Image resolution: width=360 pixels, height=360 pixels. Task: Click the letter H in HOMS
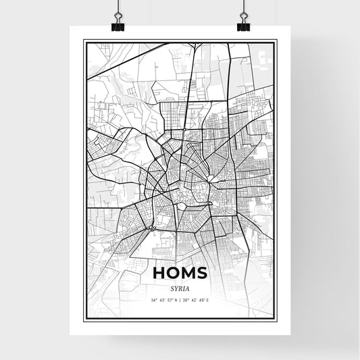(x=160, y=272)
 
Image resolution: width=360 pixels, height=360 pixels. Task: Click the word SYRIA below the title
(x=180, y=286)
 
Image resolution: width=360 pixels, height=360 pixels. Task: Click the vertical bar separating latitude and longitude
(x=180, y=299)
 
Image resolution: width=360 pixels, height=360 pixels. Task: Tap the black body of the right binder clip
(x=243, y=27)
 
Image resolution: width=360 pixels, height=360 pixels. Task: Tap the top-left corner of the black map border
(x=84, y=41)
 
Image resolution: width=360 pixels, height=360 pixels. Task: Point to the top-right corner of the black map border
(x=278, y=41)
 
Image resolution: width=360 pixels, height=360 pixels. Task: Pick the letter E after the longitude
(x=208, y=299)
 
